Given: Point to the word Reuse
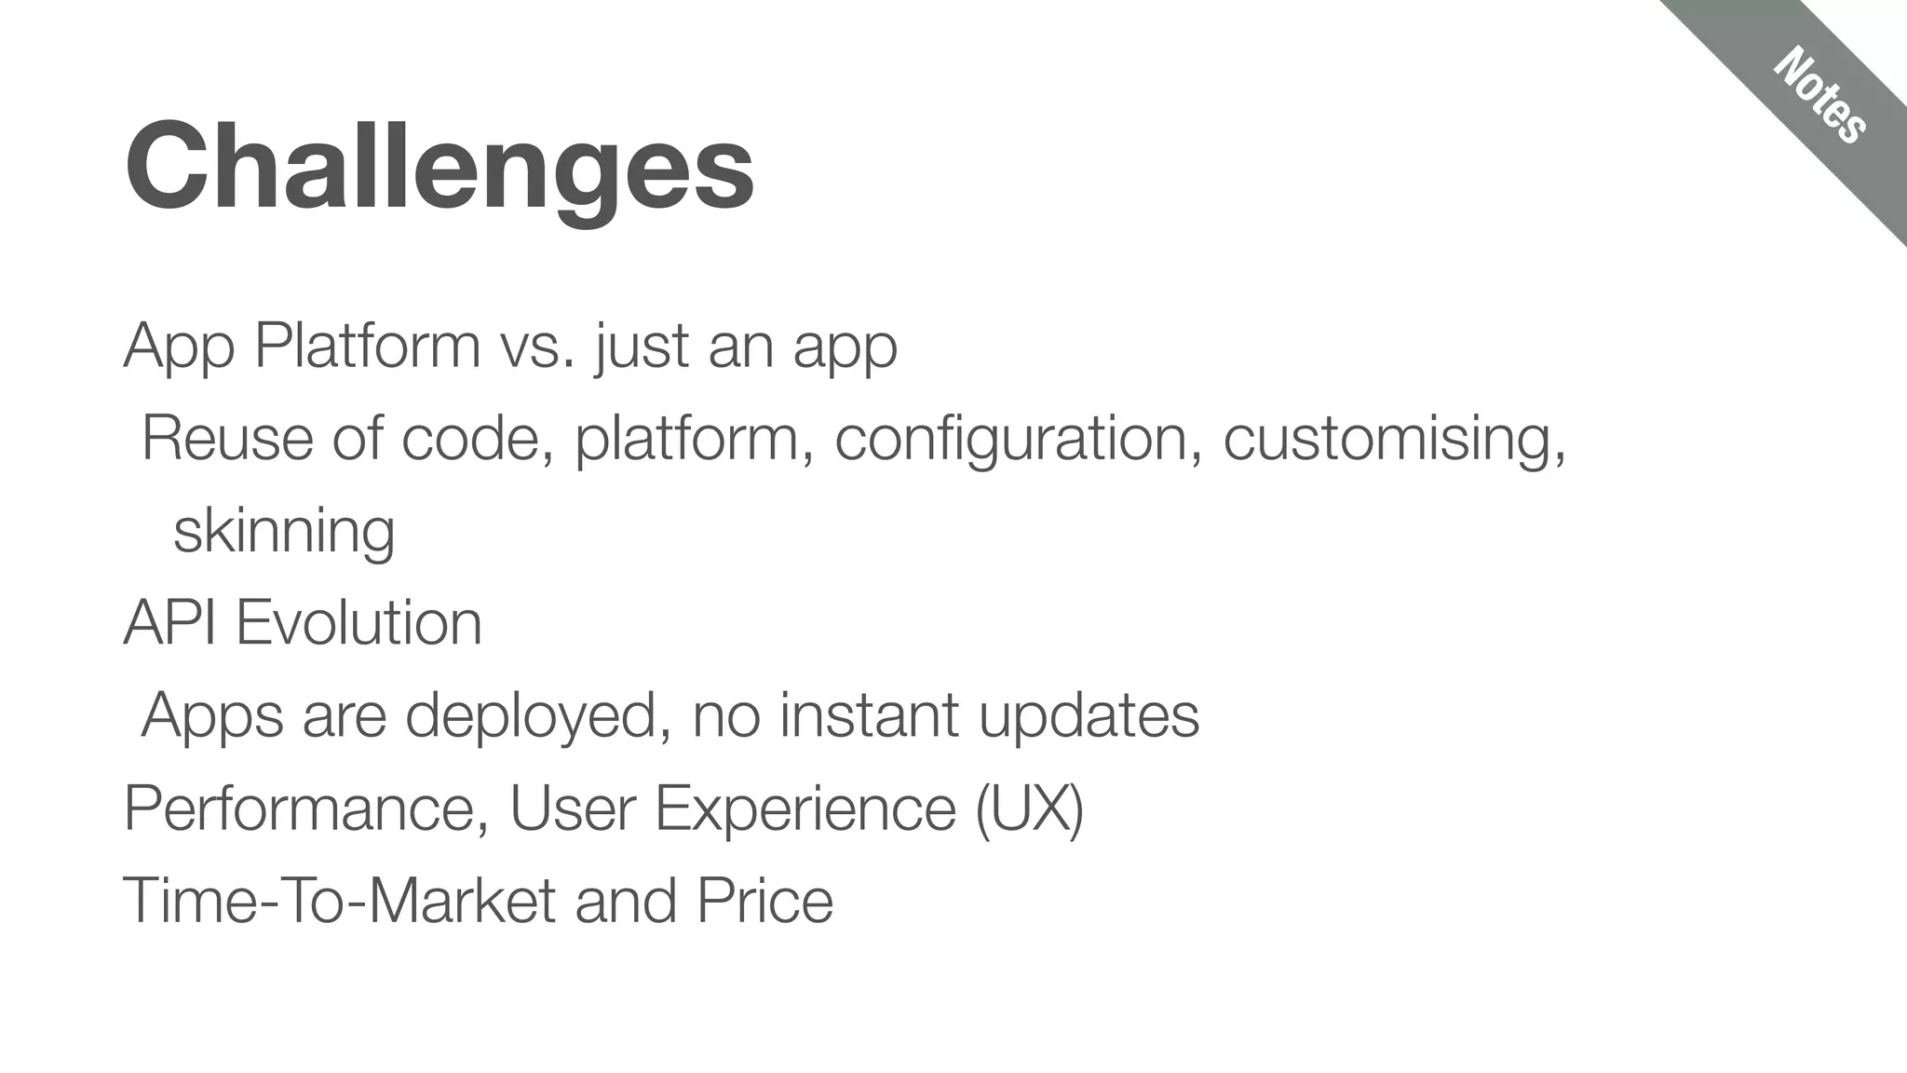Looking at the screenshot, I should (x=227, y=438).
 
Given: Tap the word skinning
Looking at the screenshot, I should (x=284, y=531).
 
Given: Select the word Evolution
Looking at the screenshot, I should (x=359, y=622).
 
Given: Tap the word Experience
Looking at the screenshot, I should (x=805, y=808).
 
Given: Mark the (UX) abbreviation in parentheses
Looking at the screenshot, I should (x=1029, y=808).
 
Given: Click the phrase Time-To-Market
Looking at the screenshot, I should (x=340, y=900).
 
